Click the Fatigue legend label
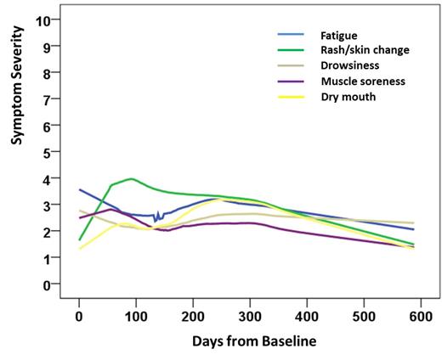(x=339, y=36)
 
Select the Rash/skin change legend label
(x=365, y=50)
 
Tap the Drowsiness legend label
(x=348, y=65)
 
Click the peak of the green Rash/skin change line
(x=131, y=179)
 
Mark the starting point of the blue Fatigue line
(x=79, y=189)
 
